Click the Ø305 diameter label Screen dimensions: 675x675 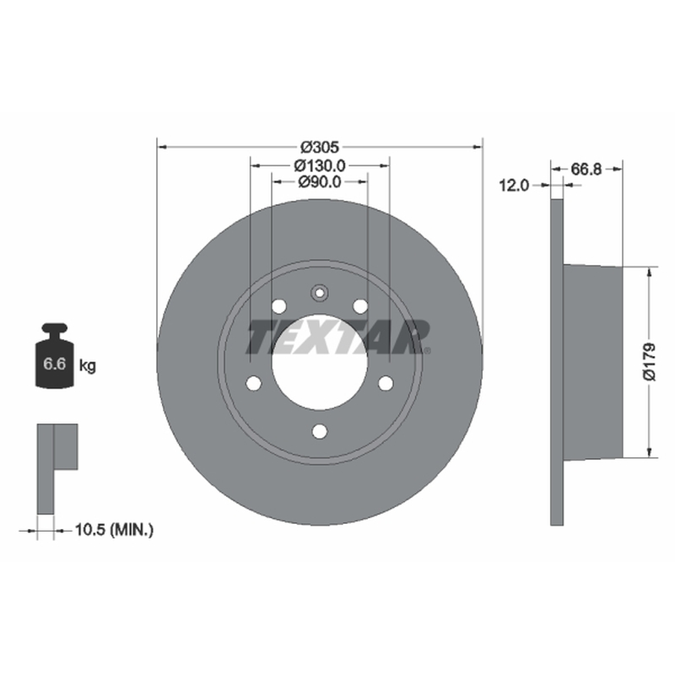(320, 147)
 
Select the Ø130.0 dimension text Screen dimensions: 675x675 (320, 165)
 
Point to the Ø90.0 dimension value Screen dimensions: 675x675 (320, 182)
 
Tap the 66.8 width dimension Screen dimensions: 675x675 (586, 170)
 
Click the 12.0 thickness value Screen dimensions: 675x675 (514, 186)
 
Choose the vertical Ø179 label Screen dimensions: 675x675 (649, 362)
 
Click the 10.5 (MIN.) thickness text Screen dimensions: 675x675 (114, 530)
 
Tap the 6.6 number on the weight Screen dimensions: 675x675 (54, 364)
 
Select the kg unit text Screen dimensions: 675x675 (88, 366)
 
